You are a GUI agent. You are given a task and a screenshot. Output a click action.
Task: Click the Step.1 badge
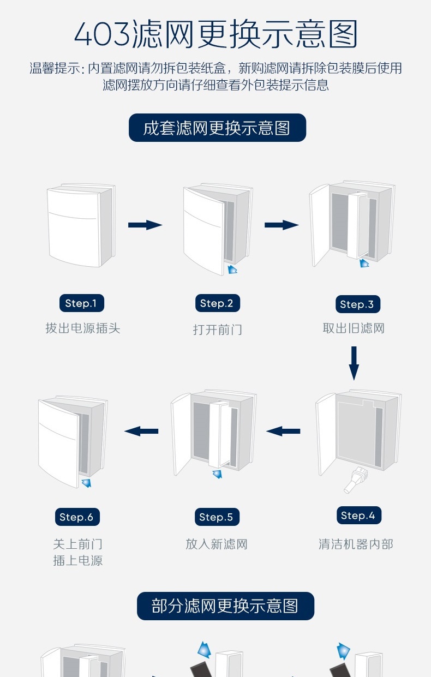click(81, 303)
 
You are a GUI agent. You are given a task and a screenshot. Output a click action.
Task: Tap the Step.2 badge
click(217, 303)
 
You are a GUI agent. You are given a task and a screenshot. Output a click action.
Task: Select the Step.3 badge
click(357, 304)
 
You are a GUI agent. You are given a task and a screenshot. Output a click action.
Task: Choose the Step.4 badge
click(358, 516)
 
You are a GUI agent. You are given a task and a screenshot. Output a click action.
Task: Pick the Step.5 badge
click(216, 517)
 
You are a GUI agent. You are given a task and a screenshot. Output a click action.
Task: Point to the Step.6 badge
click(76, 517)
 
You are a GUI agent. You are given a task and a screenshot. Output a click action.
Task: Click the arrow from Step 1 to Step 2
click(145, 225)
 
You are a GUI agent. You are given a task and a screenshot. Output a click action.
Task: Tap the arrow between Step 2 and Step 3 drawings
click(282, 225)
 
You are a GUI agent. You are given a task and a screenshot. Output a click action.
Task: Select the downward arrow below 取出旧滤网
click(354, 363)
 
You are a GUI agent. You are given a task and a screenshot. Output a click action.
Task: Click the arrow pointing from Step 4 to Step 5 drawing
click(283, 431)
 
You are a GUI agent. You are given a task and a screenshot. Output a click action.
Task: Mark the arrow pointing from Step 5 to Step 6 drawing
click(141, 431)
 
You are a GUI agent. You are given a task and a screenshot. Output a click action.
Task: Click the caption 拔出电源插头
click(83, 328)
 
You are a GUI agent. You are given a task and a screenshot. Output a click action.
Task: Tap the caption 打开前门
click(217, 329)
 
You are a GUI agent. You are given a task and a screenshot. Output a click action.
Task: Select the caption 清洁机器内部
click(356, 544)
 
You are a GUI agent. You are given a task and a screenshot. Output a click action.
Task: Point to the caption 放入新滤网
click(217, 544)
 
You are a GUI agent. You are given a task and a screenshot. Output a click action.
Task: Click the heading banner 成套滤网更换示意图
click(217, 128)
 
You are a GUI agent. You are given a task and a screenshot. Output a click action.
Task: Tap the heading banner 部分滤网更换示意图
click(225, 606)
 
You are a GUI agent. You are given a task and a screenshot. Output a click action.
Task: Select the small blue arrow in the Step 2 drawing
click(232, 269)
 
